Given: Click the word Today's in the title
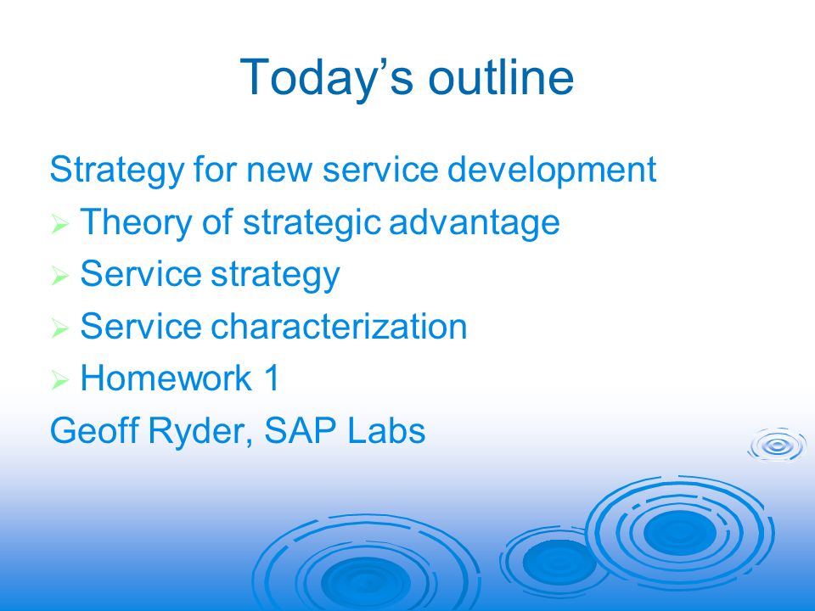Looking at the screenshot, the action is click(326, 78).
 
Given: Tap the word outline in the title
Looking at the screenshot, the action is click(501, 77).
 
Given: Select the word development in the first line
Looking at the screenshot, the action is click(552, 171).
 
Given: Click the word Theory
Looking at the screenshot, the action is click(136, 223).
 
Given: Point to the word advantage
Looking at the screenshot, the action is click(474, 223).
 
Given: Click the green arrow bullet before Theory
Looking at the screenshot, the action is click(59, 224).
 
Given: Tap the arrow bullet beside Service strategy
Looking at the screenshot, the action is click(59, 275).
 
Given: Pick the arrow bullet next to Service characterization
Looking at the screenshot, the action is click(59, 328).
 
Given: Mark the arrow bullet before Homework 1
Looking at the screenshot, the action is click(59, 380).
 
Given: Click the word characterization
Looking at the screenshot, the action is click(339, 326).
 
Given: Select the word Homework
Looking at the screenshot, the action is click(166, 378).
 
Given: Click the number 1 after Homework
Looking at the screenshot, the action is click(272, 378).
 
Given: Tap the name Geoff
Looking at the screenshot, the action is click(94, 430).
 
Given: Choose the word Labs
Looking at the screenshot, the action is click(385, 430).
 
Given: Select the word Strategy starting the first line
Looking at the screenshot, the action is click(117, 171).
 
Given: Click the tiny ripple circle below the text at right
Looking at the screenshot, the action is click(777, 446).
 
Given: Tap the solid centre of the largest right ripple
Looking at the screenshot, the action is click(679, 531).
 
